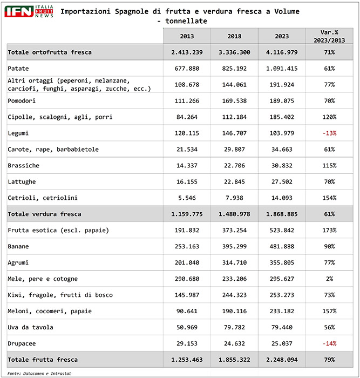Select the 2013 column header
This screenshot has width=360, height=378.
pyautogui.click(x=187, y=36)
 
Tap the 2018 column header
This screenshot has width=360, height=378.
pyautogui.click(x=234, y=36)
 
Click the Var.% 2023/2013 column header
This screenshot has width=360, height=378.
pyautogui.click(x=329, y=36)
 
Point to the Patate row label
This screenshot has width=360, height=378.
pyautogui.click(x=19, y=68)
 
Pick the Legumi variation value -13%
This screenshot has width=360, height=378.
pyautogui.click(x=329, y=133)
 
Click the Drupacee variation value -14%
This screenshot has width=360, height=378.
pyautogui.click(x=329, y=343)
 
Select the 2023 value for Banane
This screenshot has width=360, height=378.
pyautogui.click(x=282, y=246)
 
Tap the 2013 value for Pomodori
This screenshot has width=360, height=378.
pyautogui.click(x=187, y=100)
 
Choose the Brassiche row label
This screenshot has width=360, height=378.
pyautogui.click(x=24, y=165)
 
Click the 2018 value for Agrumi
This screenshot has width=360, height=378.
pyautogui.click(x=234, y=262)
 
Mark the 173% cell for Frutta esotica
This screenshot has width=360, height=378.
pyautogui.click(x=329, y=230)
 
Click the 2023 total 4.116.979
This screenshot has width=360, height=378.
pyautogui.click(x=282, y=52)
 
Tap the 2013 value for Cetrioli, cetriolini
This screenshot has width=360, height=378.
pyautogui.click(x=187, y=198)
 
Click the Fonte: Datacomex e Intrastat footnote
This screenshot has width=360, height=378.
pyautogui.click(x=40, y=373)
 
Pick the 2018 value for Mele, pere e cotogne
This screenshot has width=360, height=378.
pyautogui.click(x=234, y=279)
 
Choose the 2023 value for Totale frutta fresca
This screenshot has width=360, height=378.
pyautogui.click(x=282, y=360)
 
